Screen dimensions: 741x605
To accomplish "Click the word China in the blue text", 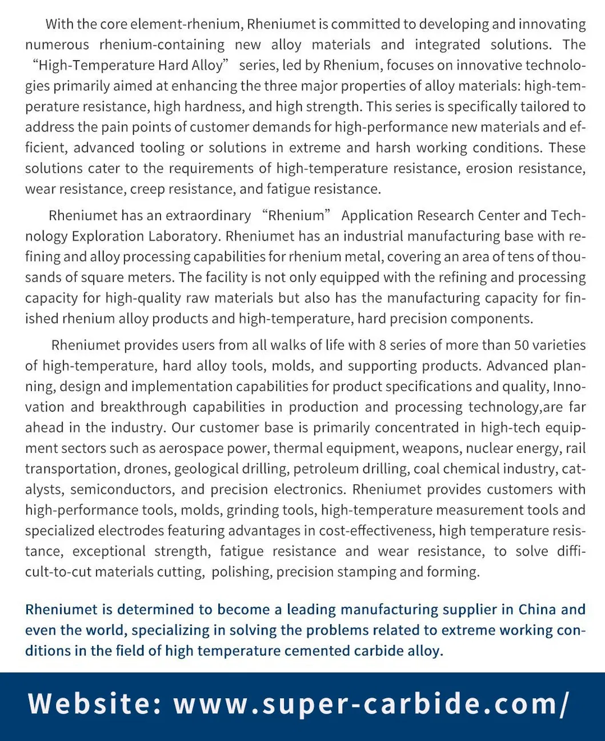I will point(537,609).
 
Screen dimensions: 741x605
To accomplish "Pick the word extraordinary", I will point(208,216).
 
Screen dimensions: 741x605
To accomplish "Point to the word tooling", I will point(162,148).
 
